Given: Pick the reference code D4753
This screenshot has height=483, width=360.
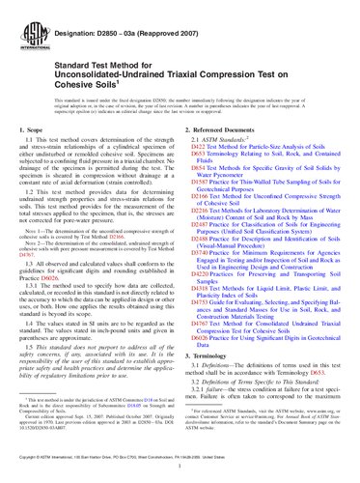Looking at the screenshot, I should click(198, 330).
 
